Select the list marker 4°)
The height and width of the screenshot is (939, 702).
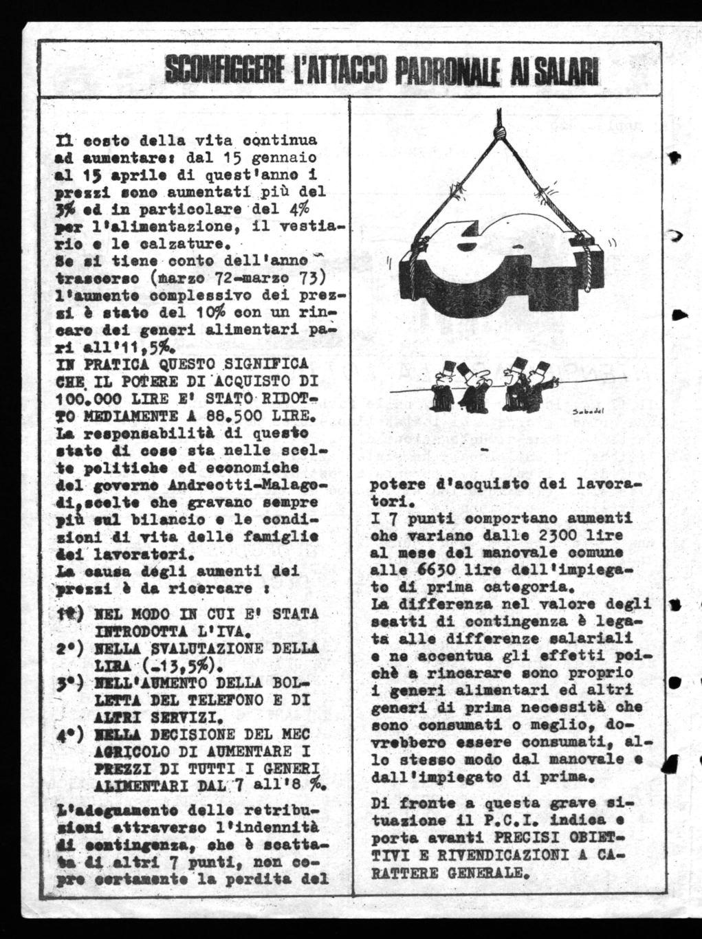[x=70, y=736]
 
